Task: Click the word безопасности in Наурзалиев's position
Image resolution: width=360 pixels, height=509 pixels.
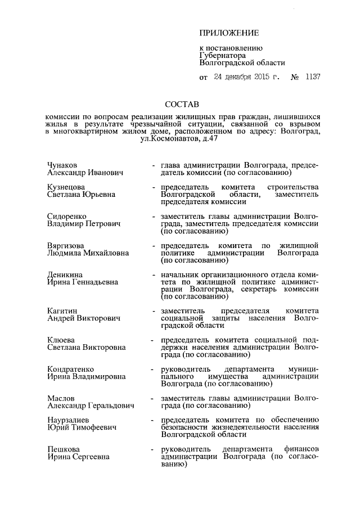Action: [187, 427]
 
